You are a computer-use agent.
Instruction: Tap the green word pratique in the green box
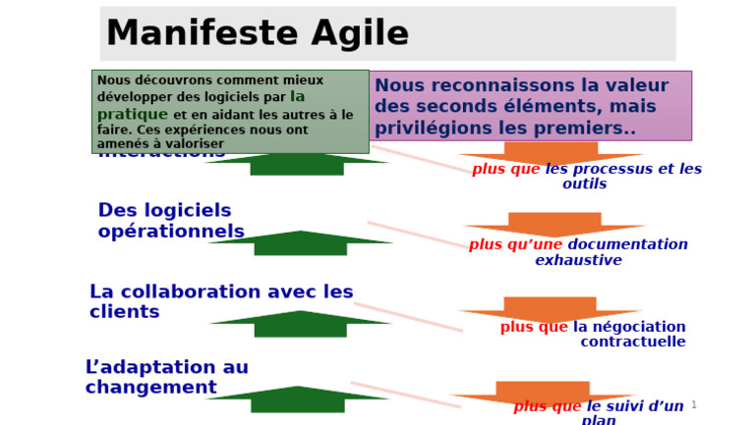pyautogui.click(x=133, y=114)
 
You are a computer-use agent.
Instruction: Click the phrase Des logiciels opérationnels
pyautogui.click(x=170, y=221)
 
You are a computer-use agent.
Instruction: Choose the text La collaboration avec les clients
pyautogui.click(x=220, y=301)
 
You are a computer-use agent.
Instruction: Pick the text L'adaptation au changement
pyautogui.click(x=166, y=377)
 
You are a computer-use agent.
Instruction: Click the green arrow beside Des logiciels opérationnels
pyautogui.click(x=300, y=242)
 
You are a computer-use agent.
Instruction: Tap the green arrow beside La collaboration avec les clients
pyautogui.click(x=300, y=323)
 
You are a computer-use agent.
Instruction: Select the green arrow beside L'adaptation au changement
pyautogui.click(x=298, y=398)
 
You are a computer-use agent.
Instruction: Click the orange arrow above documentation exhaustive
pyautogui.click(x=553, y=225)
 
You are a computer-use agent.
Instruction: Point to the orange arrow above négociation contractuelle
pyautogui.click(x=551, y=308)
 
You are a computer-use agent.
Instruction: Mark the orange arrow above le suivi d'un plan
pyautogui.click(x=543, y=392)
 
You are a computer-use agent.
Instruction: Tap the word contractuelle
pyautogui.click(x=632, y=342)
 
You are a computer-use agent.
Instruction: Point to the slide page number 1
pyautogui.click(x=693, y=404)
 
